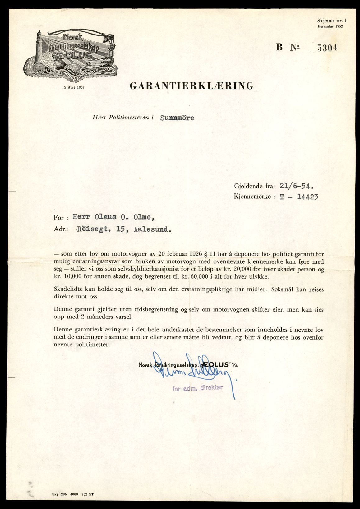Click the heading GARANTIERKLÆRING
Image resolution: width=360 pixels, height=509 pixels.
[192, 86]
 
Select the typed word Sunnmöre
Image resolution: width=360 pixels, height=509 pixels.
[177, 118]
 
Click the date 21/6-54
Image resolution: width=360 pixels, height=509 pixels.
[296, 186]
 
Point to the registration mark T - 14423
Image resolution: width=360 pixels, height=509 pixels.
[299, 197]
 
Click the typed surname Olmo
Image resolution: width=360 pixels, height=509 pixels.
[143, 217]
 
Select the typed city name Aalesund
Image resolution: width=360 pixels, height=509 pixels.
[152, 230]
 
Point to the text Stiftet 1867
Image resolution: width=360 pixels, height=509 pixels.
[74, 87]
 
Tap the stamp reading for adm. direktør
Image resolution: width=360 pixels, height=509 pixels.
[197, 388]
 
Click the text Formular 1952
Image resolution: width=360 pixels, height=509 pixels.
[330, 26]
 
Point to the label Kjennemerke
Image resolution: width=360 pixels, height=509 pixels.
[252, 197]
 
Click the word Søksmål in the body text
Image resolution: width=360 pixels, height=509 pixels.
[282, 289]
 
